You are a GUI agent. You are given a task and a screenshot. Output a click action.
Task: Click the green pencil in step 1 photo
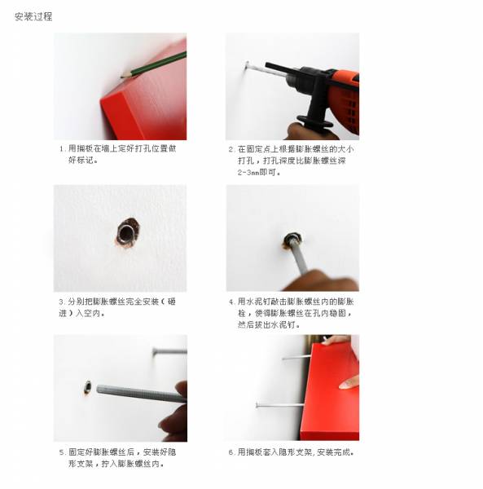click(155, 63)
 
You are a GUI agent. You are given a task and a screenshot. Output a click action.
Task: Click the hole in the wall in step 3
click(126, 233)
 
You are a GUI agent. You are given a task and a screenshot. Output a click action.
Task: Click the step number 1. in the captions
click(62, 149)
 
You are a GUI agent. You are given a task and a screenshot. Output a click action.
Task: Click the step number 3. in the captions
click(62, 302)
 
